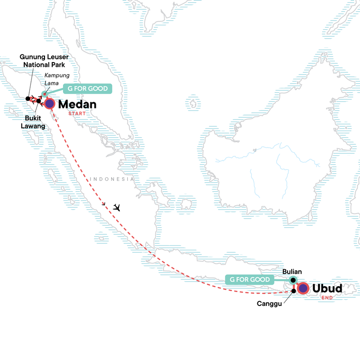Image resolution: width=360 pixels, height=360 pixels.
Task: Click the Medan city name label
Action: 78,104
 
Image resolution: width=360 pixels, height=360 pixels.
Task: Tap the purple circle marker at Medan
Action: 49,104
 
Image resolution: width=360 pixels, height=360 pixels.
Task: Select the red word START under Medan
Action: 76,114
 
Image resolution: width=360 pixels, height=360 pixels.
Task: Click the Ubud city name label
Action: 327,288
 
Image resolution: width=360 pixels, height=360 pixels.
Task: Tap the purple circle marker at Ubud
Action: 303,288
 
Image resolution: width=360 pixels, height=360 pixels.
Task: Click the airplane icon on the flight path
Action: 118,207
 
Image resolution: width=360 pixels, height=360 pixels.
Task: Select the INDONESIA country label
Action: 112,179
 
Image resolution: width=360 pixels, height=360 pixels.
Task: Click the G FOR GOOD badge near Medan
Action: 88,89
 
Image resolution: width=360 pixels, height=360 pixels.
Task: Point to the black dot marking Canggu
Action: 294,291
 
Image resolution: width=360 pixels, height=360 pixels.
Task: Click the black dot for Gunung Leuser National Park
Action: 28,98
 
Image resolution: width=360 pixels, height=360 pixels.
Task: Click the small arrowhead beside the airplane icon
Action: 104,204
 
